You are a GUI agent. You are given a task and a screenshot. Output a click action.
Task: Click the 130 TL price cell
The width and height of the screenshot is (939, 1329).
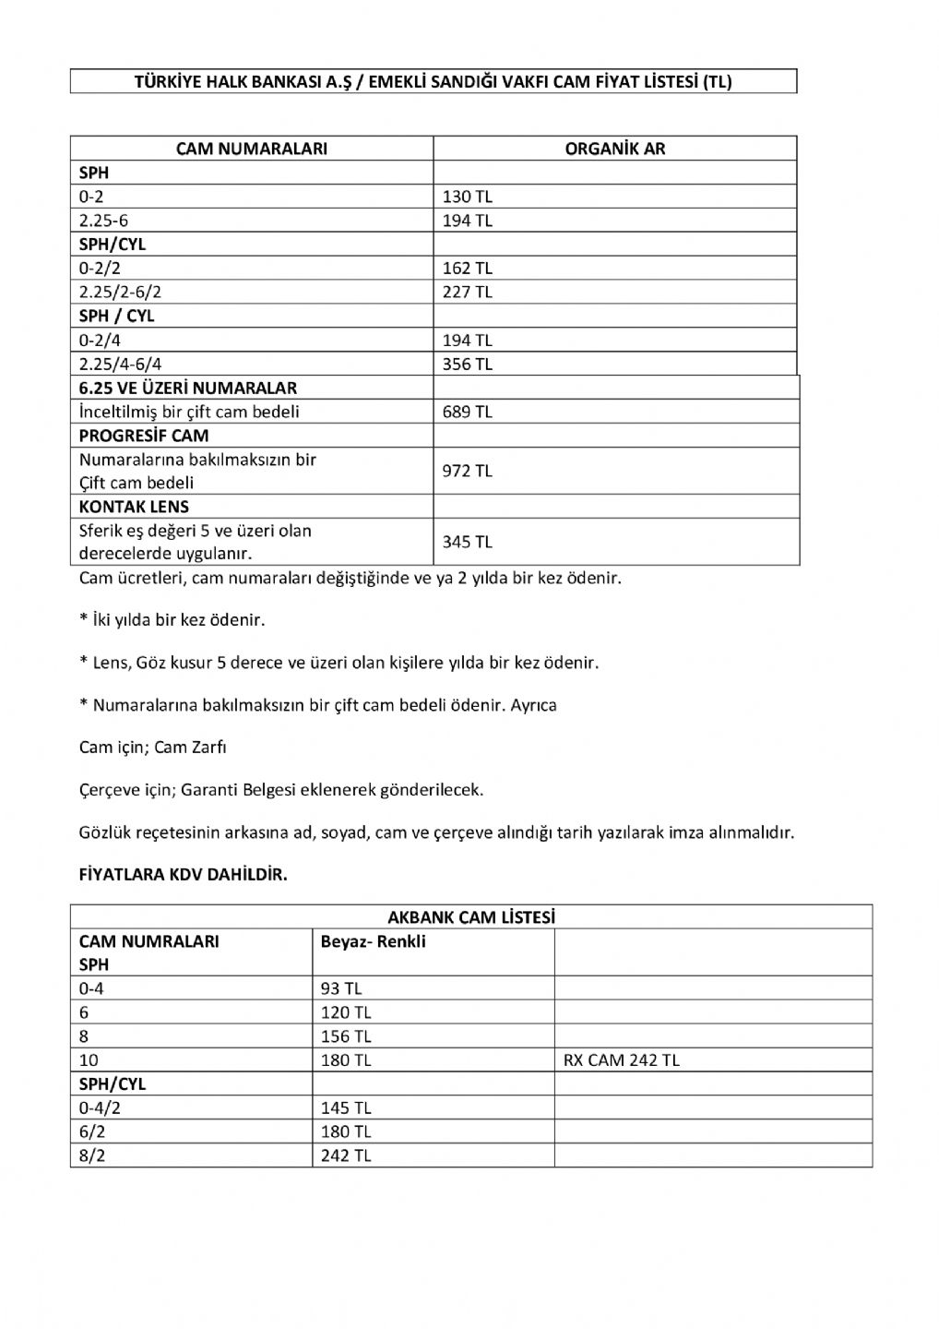point(468,197)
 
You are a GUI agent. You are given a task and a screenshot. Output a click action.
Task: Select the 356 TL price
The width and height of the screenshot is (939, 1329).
point(468,364)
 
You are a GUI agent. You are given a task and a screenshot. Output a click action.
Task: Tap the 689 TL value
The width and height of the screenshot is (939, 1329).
point(468,412)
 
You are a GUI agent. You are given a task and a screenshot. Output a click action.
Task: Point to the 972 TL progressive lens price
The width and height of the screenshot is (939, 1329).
point(468,471)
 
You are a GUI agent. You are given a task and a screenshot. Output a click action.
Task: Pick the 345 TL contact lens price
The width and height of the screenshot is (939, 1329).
point(468,542)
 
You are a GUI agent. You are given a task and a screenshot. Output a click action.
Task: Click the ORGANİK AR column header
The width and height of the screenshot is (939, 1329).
point(614,149)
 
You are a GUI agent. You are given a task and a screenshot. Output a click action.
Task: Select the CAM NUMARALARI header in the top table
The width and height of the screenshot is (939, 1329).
point(251,149)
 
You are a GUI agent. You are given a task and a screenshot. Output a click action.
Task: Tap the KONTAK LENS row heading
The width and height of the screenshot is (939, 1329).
point(134,507)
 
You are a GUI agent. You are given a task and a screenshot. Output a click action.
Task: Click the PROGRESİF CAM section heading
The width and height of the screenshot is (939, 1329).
point(144,436)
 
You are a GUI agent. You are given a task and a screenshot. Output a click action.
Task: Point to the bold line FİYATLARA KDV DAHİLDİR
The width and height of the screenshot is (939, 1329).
point(184,875)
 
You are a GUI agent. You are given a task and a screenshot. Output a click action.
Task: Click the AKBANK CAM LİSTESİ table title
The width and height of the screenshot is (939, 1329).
point(470,917)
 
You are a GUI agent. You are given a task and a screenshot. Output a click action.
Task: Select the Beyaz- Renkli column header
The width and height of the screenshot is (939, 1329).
point(373,942)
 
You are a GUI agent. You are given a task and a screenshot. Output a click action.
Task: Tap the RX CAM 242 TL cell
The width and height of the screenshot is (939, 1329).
point(621,1060)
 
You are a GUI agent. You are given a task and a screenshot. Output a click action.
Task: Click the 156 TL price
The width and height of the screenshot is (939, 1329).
point(346,1036)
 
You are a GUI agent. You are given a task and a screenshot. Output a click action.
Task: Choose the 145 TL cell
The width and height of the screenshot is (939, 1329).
point(346,1107)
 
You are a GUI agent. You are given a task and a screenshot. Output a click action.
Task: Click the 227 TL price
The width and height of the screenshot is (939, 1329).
point(468,292)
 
